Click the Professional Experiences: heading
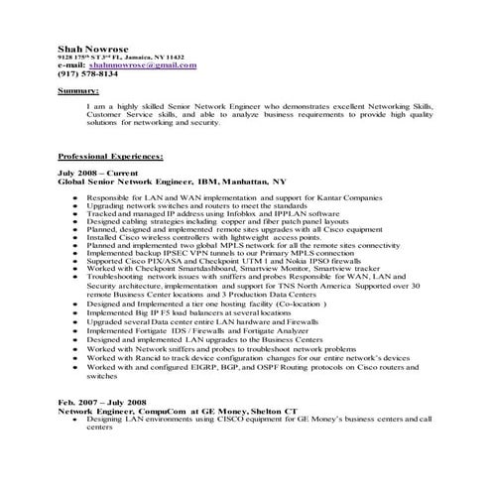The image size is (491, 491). click(111, 157)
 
